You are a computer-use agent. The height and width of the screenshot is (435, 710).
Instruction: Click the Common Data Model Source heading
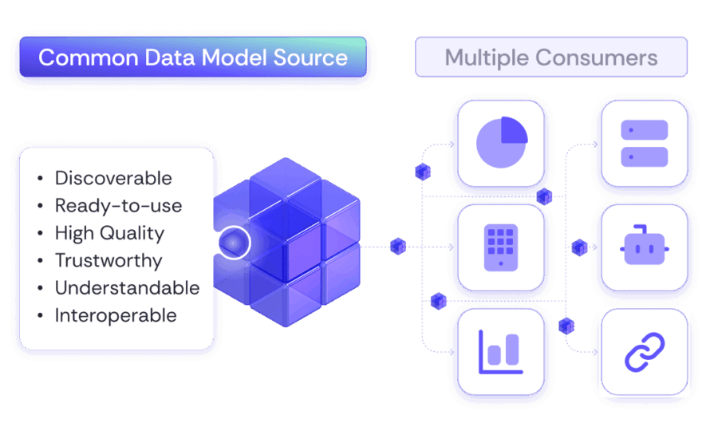(193, 57)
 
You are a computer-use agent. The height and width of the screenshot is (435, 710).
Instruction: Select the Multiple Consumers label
(551, 57)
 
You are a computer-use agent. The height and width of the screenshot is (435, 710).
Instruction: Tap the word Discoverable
(113, 177)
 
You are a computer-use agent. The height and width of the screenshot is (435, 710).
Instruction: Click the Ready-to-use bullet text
(118, 205)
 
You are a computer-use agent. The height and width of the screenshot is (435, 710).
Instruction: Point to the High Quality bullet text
(109, 233)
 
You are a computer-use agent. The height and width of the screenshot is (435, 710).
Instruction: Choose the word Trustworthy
(108, 260)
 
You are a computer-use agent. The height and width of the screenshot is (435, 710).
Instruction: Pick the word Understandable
(127, 287)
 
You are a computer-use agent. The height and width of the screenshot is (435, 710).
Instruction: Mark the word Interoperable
(116, 315)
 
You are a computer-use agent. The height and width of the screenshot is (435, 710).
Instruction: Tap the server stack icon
(644, 143)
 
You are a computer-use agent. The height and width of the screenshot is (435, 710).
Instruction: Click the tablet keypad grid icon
(500, 246)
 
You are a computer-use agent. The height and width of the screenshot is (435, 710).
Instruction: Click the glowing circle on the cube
(235, 242)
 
